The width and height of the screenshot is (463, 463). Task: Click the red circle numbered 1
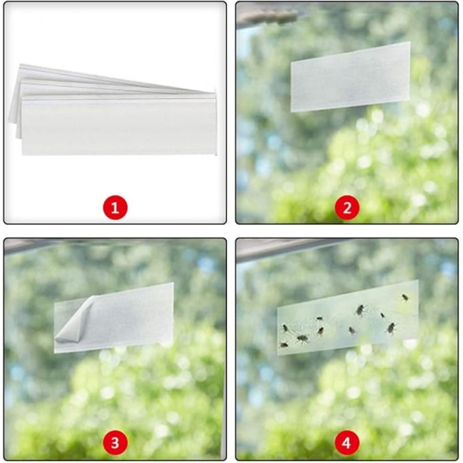tap(115, 207)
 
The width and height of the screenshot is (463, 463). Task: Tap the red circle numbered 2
tap(347, 207)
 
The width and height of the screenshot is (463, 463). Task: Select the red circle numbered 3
tap(115, 443)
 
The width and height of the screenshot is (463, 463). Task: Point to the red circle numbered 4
tap(347, 443)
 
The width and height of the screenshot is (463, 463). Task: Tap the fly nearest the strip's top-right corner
tap(405, 297)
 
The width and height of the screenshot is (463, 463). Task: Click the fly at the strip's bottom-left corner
tap(284, 344)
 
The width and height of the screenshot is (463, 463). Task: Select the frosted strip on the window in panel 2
tap(351, 77)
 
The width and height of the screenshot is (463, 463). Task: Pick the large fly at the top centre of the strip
tap(360, 310)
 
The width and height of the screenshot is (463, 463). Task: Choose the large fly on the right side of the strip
tap(392, 328)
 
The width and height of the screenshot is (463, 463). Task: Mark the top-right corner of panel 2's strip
tap(410, 42)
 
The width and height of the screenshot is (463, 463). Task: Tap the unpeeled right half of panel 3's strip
tap(133, 316)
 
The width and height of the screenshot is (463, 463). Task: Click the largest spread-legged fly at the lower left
tap(302, 339)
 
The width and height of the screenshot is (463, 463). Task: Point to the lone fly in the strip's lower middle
tap(351, 330)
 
